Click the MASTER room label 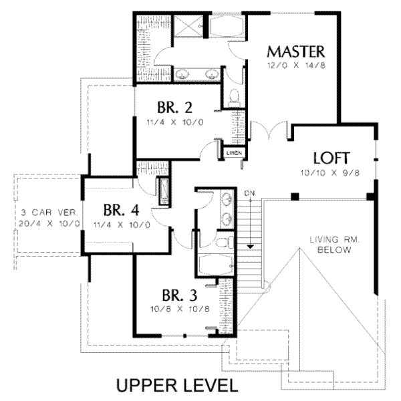(x=296, y=51)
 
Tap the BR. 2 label (x=174, y=108)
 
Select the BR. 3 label (x=180, y=295)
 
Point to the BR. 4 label (x=122, y=211)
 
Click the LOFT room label (x=331, y=158)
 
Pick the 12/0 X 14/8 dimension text (x=296, y=65)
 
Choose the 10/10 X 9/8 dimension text (x=330, y=173)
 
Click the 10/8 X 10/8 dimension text (x=180, y=309)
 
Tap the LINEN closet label (x=234, y=153)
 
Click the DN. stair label (x=250, y=193)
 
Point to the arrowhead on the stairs (x=250, y=247)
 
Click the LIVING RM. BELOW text (x=335, y=245)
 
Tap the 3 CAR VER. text (x=50, y=213)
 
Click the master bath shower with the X (x=188, y=26)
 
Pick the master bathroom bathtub (x=227, y=26)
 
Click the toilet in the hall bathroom (x=225, y=242)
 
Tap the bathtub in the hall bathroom (x=216, y=265)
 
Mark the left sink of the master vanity (x=182, y=74)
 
